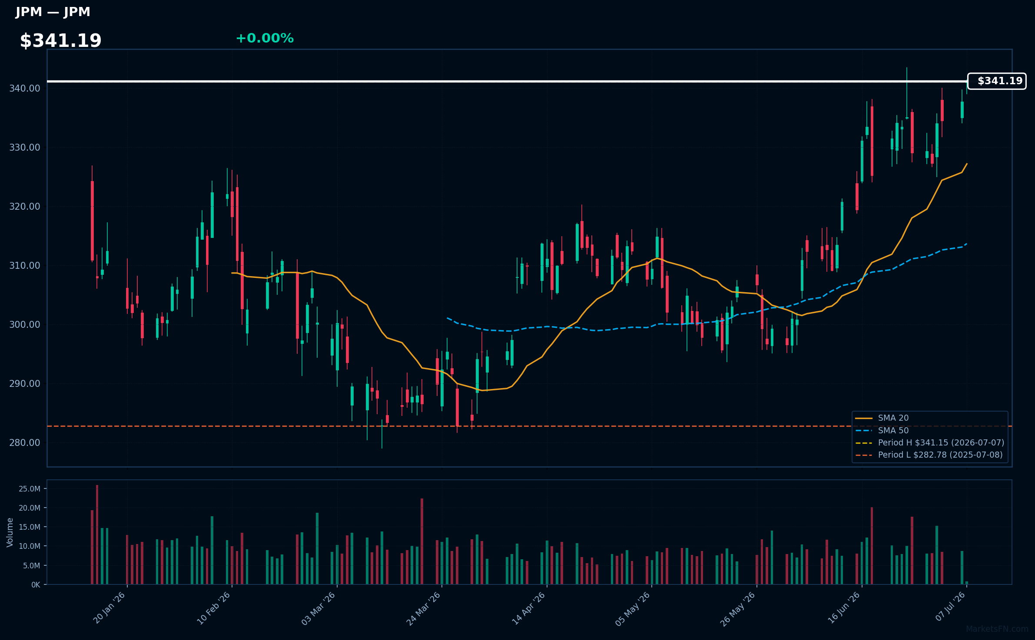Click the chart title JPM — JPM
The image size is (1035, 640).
(x=53, y=12)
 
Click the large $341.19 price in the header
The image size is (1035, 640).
(x=60, y=41)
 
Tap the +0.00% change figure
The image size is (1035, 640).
(x=265, y=38)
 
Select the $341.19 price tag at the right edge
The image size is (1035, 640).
(x=997, y=81)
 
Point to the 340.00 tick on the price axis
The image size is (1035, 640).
(x=25, y=89)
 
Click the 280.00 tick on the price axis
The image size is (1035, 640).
(x=25, y=443)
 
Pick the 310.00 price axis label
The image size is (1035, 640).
(x=25, y=266)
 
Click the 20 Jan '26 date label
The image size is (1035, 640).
(x=109, y=608)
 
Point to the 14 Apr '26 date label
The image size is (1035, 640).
(x=529, y=608)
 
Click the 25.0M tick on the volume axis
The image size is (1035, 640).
(x=30, y=489)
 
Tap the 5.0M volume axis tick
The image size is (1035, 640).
(x=32, y=566)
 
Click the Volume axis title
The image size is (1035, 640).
(x=10, y=532)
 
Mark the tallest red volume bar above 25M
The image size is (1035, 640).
(x=97, y=534)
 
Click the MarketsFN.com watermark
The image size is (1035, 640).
(x=997, y=629)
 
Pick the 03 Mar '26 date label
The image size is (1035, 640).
(x=318, y=608)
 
